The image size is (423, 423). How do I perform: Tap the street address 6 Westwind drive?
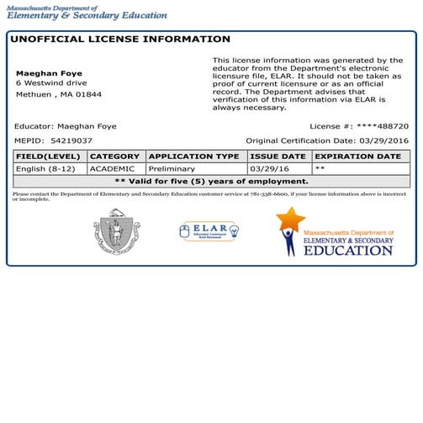point(50,83)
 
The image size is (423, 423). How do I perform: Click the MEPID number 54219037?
point(71,140)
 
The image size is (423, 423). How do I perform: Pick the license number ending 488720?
point(383,126)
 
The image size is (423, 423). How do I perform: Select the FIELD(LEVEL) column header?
point(49,156)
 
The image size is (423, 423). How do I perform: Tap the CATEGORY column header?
point(114,156)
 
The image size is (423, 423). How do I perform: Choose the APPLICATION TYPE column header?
point(194,156)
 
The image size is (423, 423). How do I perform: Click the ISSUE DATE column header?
point(278,156)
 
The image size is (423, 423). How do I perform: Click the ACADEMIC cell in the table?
point(112,169)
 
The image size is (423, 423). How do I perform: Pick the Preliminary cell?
point(172,169)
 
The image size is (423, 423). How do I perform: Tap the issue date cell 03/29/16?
point(268,169)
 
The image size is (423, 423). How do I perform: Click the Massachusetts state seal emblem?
point(117,231)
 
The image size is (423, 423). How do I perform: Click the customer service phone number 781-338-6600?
point(266,194)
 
